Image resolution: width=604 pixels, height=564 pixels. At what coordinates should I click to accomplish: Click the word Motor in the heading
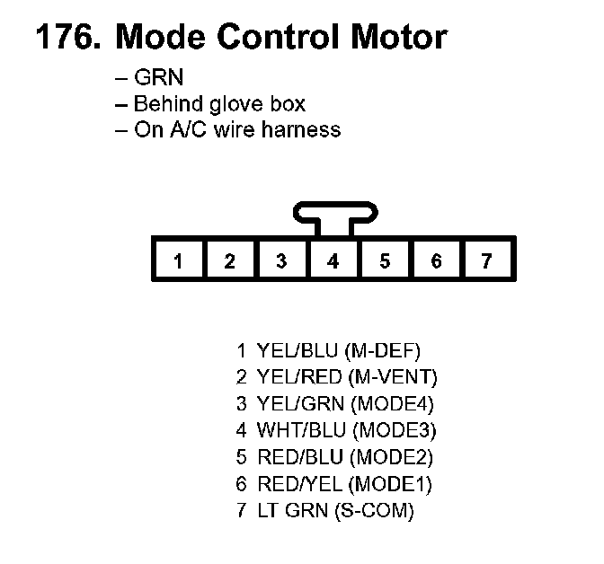click(393, 38)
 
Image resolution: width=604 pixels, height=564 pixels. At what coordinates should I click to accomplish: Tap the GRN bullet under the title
click(157, 79)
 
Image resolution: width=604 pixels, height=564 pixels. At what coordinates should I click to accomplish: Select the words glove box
click(264, 104)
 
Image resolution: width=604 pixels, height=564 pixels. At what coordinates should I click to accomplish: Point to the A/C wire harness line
click(237, 129)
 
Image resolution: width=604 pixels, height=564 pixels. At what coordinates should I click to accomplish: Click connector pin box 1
click(178, 261)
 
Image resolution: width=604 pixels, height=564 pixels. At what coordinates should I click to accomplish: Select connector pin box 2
click(230, 261)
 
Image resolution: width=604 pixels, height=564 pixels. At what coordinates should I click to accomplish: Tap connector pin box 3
click(281, 261)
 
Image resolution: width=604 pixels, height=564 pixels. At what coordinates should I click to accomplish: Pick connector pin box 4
click(333, 261)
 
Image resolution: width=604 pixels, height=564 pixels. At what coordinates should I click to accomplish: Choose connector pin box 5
click(385, 261)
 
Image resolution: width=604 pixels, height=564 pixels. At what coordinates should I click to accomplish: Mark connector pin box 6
click(436, 261)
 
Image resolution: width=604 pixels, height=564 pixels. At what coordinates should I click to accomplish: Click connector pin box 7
click(487, 261)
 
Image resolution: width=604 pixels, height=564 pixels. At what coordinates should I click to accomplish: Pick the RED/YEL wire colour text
click(299, 485)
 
